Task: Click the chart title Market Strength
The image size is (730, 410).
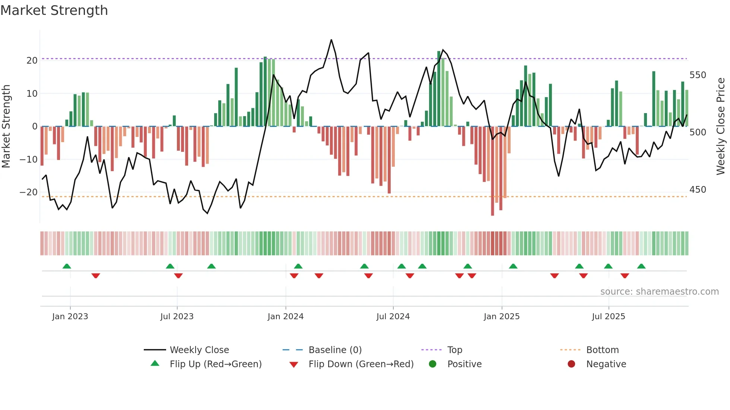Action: pos(54,10)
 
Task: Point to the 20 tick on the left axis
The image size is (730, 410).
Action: pos(32,61)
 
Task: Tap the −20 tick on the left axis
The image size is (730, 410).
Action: pos(29,192)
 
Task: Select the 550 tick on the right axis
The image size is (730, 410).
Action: pos(698,75)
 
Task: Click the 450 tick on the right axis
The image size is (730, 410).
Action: pos(698,190)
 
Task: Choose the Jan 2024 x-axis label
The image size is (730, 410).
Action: pos(285,317)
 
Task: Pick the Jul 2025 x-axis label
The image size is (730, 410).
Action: pos(608,317)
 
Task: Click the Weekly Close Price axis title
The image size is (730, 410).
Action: pos(721,126)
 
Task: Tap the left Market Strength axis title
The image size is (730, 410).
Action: pos(6,126)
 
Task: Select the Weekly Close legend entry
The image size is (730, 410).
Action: pos(199,350)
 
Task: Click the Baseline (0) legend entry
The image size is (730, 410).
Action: pos(335,350)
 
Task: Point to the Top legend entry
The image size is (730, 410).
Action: pos(454,350)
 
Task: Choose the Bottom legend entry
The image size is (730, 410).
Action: pos(602,350)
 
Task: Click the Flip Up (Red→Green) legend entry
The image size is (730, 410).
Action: pos(215,364)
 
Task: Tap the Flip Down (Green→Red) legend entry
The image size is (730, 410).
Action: pos(361,364)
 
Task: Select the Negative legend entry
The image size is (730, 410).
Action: pos(606,364)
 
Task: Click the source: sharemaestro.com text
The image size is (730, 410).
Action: pos(659,292)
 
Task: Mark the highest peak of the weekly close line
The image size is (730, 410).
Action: pos(331,40)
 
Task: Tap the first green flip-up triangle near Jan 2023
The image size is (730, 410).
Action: pos(67,266)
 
